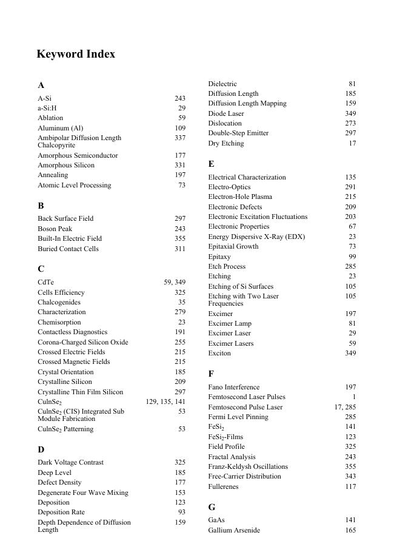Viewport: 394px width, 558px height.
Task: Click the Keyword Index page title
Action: click(x=76, y=54)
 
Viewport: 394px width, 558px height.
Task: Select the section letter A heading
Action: click(x=41, y=86)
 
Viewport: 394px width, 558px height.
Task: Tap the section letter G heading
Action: click(x=212, y=507)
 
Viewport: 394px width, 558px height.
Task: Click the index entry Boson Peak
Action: click(x=55, y=229)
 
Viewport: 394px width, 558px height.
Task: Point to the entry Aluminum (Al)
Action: click(x=61, y=128)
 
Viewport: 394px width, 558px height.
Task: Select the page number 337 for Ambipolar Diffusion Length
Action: click(x=179, y=138)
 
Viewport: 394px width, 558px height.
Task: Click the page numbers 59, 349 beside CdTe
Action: click(x=175, y=283)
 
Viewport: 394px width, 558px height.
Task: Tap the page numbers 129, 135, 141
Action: click(x=165, y=402)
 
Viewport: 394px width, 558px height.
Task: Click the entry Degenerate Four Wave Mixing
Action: click(x=83, y=492)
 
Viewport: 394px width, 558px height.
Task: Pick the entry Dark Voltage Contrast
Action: click(x=70, y=462)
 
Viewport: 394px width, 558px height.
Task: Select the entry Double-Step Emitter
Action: click(x=238, y=133)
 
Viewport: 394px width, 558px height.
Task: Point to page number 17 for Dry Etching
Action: click(x=352, y=144)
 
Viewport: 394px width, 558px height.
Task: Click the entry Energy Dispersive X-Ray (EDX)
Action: click(x=256, y=237)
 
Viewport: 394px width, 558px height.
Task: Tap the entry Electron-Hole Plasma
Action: click(x=240, y=197)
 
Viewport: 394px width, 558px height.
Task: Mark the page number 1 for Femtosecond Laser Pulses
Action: click(x=354, y=397)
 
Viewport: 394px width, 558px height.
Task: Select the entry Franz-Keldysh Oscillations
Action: click(x=248, y=467)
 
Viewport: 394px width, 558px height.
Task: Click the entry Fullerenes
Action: click(x=224, y=486)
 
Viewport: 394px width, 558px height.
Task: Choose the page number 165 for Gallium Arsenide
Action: click(x=350, y=531)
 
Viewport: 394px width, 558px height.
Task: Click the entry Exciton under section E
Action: click(x=219, y=353)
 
